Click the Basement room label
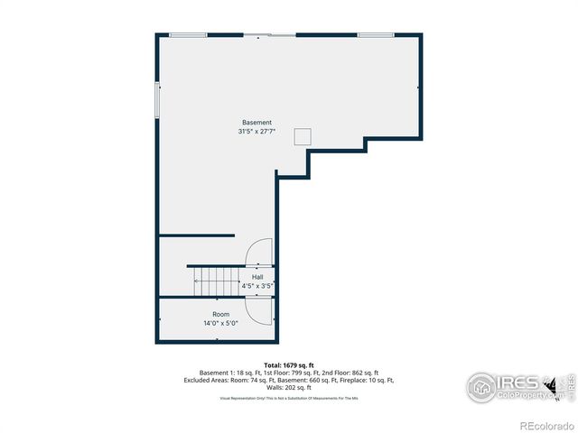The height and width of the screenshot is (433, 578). [x=256, y=123]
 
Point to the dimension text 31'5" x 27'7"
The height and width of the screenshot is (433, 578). [x=256, y=132]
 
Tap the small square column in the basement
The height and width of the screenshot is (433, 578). [x=303, y=136]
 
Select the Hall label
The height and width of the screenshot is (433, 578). [x=257, y=277]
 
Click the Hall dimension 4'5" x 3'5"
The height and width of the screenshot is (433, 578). [x=257, y=286]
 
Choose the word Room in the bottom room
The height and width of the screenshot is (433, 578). [x=221, y=315]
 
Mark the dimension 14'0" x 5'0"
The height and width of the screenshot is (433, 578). [x=221, y=323]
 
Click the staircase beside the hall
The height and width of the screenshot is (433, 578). [x=216, y=281]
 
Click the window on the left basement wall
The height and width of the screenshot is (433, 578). [x=158, y=99]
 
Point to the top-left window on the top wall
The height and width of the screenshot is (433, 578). [x=188, y=35]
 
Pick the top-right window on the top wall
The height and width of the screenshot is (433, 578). [x=375, y=35]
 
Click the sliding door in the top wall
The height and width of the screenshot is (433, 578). [x=269, y=35]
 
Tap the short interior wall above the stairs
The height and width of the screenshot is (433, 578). [x=197, y=236]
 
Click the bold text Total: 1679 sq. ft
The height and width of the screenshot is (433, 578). [x=289, y=365]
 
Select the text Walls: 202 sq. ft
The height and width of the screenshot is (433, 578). [x=289, y=387]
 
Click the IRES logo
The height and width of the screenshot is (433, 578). [x=506, y=386]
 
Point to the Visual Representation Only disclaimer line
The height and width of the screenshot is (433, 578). [x=289, y=398]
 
